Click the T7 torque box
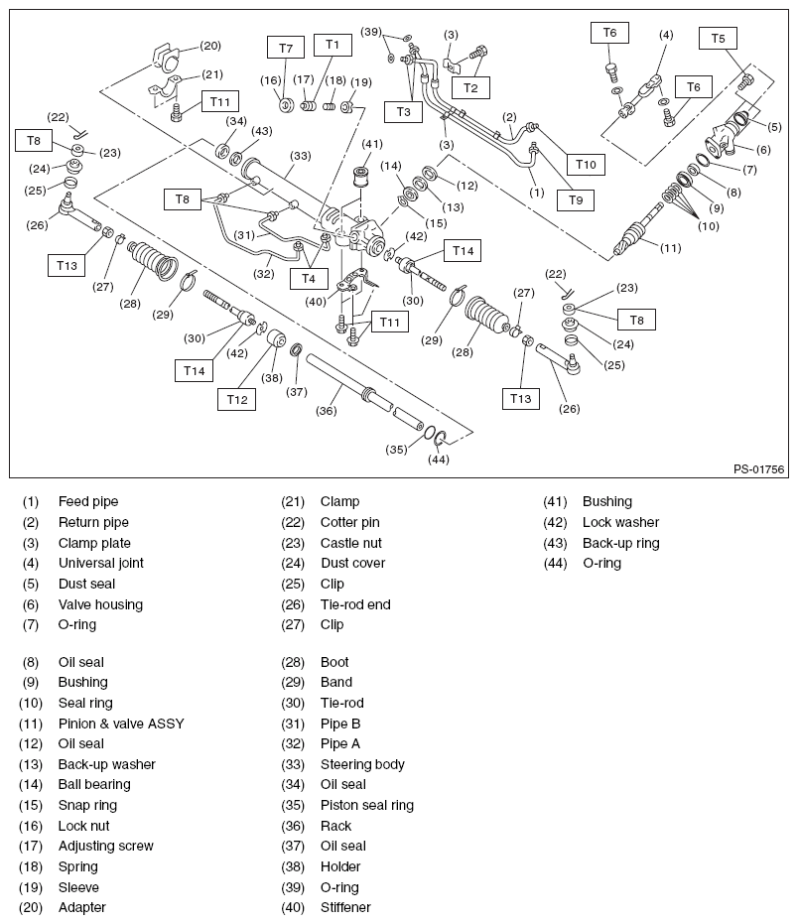click(286, 48)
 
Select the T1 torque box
click(332, 45)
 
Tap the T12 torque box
click(237, 399)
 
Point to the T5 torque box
click(718, 39)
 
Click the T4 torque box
click(309, 278)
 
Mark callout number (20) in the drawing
click(209, 46)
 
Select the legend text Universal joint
click(100, 563)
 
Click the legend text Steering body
click(362, 764)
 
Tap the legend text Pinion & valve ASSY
click(121, 724)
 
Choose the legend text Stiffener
click(345, 907)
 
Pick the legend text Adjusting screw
click(106, 846)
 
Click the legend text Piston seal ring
click(367, 805)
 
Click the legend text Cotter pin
click(350, 522)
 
